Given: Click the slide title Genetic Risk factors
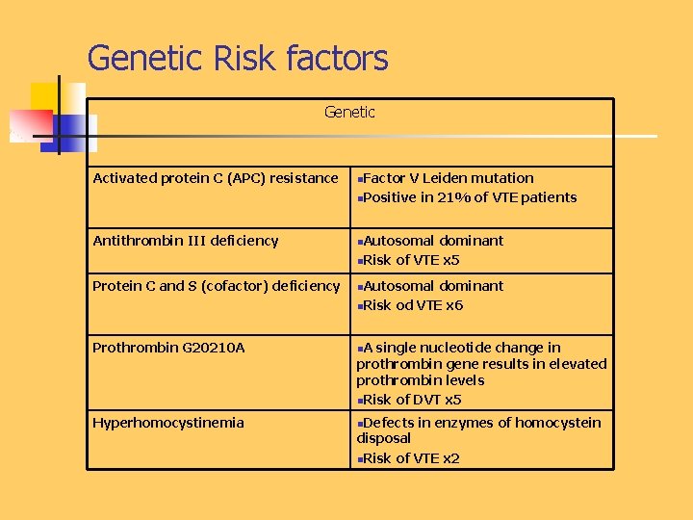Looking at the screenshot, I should pos(238,58).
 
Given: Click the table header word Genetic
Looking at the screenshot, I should pos(349,113).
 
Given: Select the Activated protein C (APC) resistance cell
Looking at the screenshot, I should pos(216,178).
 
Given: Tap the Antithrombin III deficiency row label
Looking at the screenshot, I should pos(186,241).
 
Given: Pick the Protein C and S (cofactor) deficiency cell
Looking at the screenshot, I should pos(217,286).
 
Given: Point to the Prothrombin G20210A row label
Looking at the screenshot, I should pos(168,348).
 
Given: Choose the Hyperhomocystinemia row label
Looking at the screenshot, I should pos(168,423).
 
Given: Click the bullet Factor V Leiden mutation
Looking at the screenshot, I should pos(449,178).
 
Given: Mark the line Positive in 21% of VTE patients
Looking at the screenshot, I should pos(470,197).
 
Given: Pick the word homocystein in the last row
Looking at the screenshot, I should pos(561,423).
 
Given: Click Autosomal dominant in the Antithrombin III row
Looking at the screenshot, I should pos(433,241).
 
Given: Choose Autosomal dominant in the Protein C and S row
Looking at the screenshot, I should pos(433,286).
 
